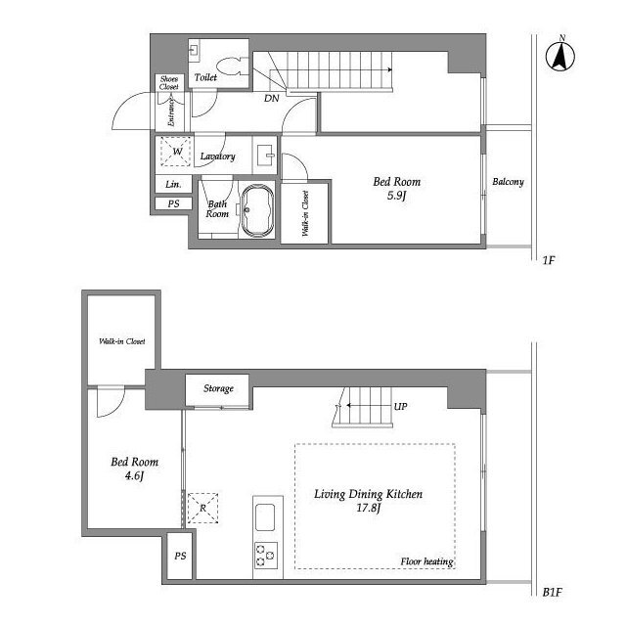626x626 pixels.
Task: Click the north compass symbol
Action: pyautogui.click(x=560, y=55)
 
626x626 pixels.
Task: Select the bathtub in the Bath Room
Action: pyautogui.click(x=257, y=210)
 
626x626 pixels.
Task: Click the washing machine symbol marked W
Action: pyautogui.click(x=176, y=152)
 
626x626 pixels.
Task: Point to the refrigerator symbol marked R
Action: pyautogui.click(x=202, y=508)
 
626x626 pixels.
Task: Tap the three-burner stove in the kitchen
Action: pyautogui.click(x=266, y=556)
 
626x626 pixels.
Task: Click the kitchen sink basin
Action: pyautogui.click(x=265, y=517)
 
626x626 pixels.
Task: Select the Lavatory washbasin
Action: pyautogui.click(x=266, y=155)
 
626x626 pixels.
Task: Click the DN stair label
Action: pyautogui.click(x=272, y=98)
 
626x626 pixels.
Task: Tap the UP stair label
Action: pyautogui.click(x=400, y=407)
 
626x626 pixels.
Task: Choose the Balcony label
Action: pyautogui.click(x=508, y=182)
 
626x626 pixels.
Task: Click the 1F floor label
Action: pyautogui.click(x=549, y=260)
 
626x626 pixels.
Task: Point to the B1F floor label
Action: pyautogui.click(x=552, y=592)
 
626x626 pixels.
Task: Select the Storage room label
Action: pyautogui.click(x=218, y=388)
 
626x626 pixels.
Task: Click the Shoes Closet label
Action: pyautogui.click(x=169, y=82)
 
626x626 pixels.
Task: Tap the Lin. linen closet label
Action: pyautogui.click(x=173, y=184)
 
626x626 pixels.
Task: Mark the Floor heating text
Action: pyautogui.click(x=426, y=561)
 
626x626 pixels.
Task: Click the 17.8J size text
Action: pyautogui.click(x=369, y=508)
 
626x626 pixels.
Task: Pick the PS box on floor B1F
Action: pyautogui.click(x=180, y=556)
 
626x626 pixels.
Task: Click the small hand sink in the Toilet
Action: pyautogui.click(x=194, y=51)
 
